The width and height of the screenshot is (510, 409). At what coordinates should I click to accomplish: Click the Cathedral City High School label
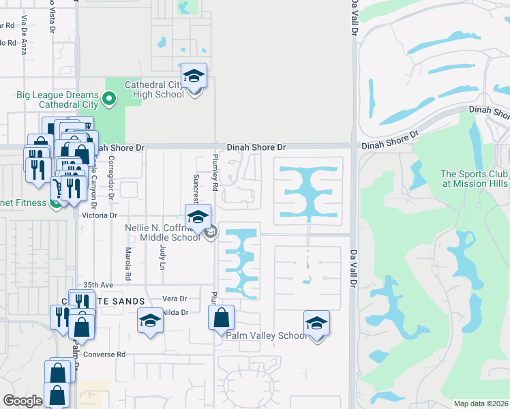pyautogui.click(x=154, y=89)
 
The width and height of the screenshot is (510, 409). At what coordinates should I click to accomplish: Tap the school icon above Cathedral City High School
pyautogui.click(x=194, y=76)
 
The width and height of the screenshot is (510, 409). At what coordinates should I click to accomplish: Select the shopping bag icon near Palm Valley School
pyautogui.click(x=221, y=318)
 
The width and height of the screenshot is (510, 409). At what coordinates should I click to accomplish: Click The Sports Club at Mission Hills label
pyautogui.click(x=473, y=179)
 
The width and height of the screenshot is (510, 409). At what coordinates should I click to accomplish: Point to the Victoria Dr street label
pyautogui.click(x=100, y=215)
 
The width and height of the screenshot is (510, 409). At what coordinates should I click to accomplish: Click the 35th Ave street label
pyautogui.click(x=97, y=284)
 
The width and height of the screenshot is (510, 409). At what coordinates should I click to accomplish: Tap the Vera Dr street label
pyautogui.click(x=175, y=299)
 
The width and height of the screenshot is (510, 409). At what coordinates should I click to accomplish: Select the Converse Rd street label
pyautogui.click(x=110, y=354)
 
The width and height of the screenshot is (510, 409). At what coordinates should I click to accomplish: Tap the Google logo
pyautogui.click(x=22, y=400)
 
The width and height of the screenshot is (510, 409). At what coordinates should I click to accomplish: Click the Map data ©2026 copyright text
pyautogui.click(x=481, y=404)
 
